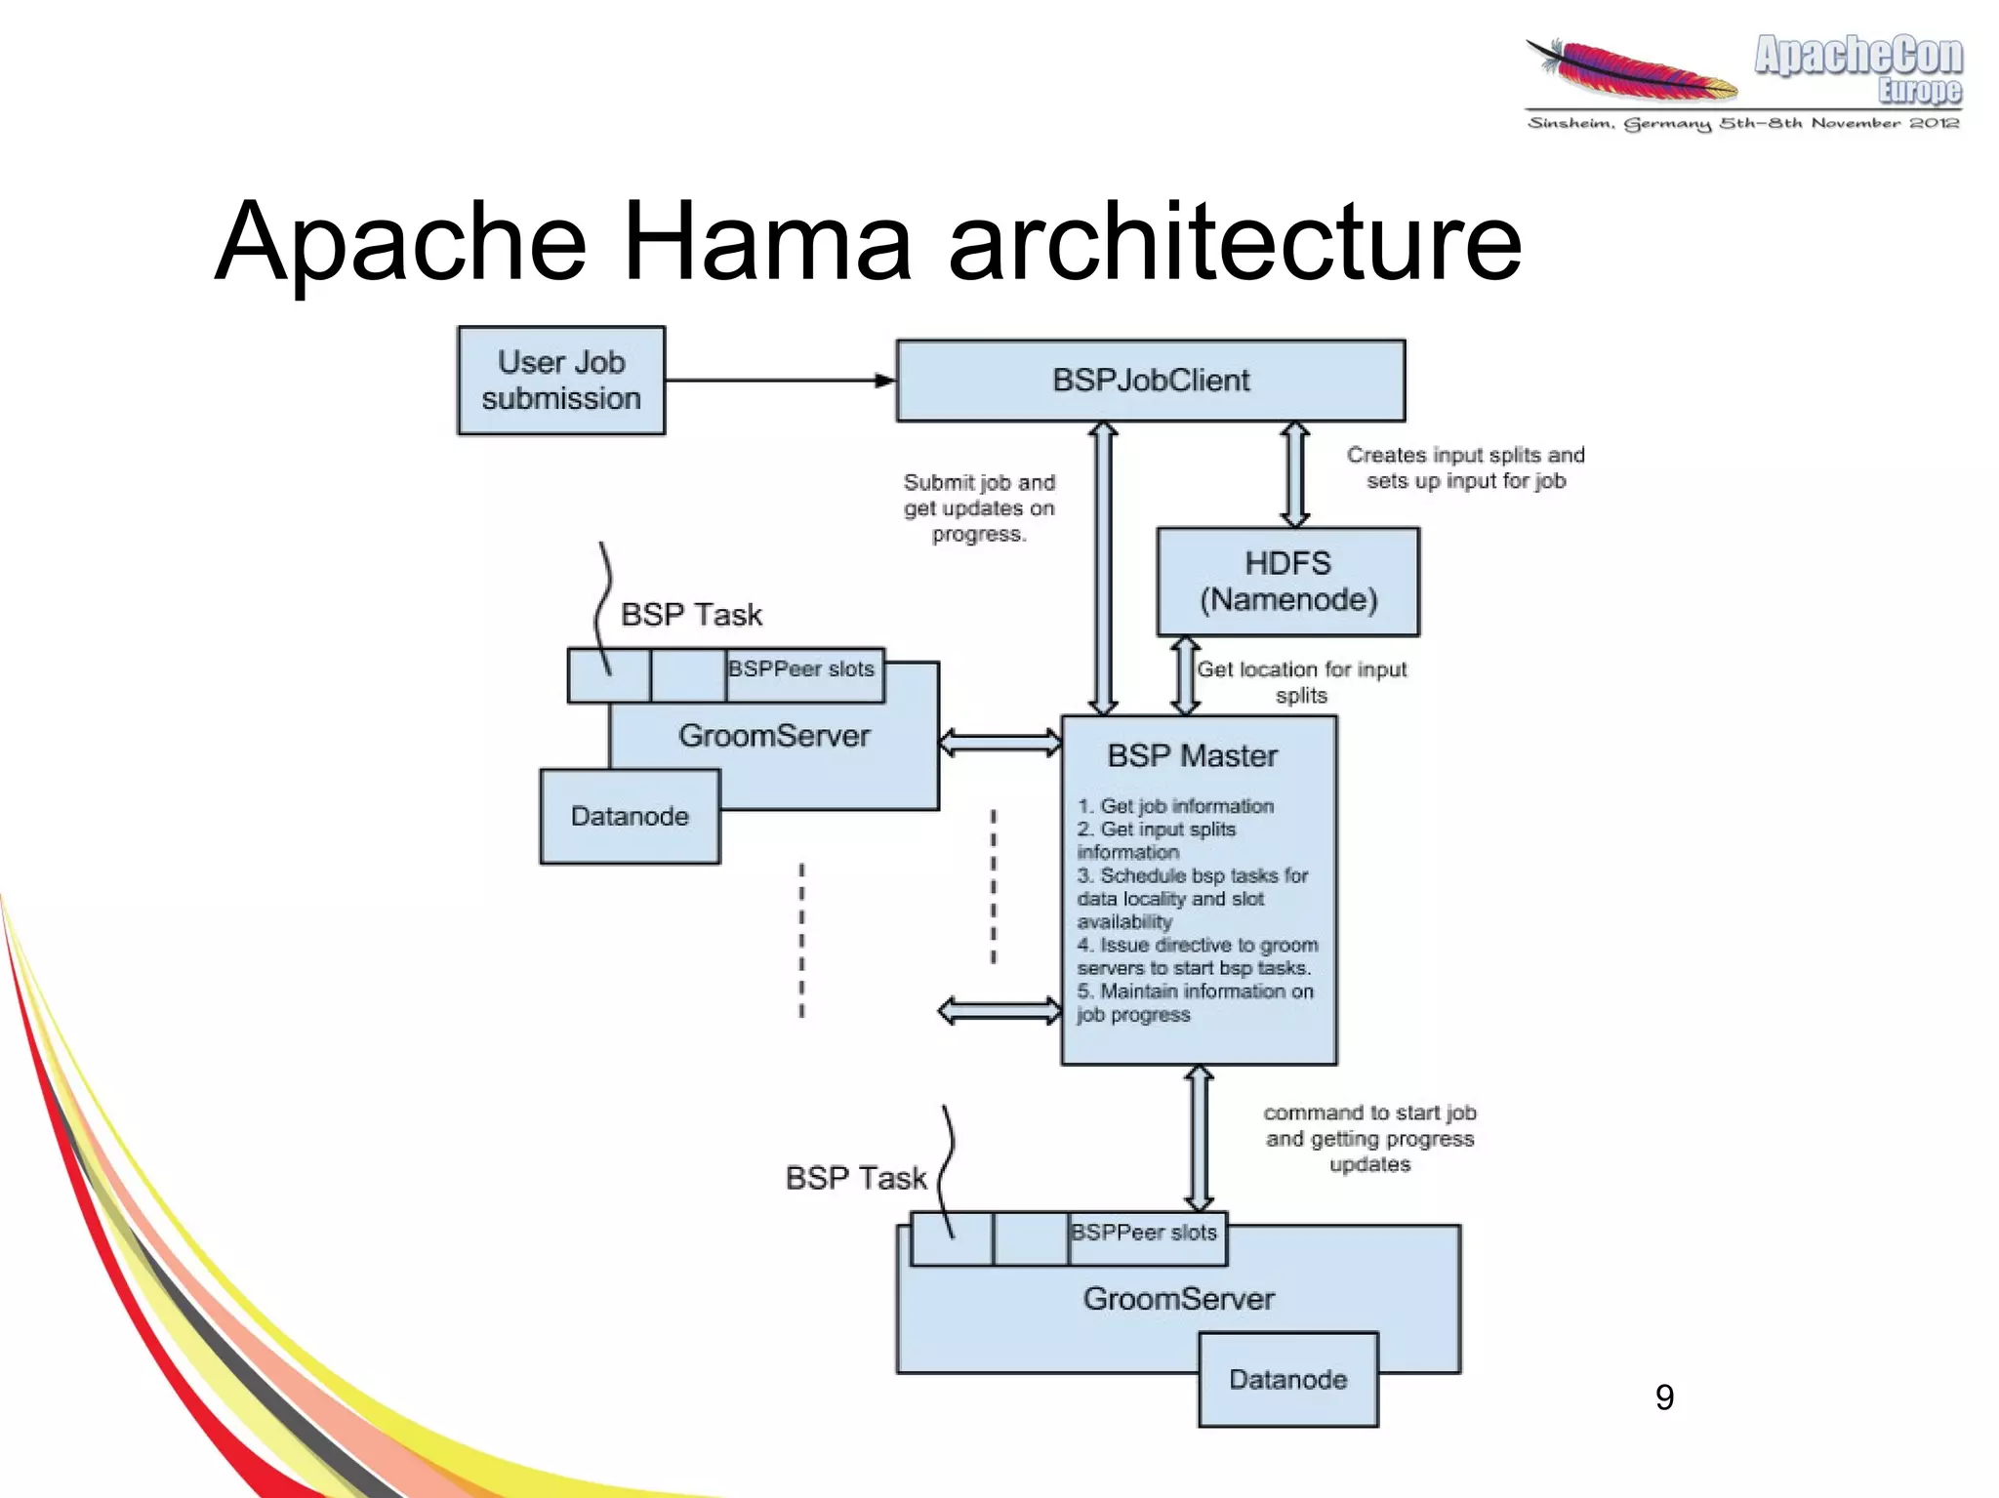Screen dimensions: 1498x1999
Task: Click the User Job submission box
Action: tap(561, 381)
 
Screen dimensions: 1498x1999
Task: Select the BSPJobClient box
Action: tap(1150, 381)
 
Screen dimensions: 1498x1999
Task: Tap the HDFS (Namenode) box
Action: tap(1287, 582)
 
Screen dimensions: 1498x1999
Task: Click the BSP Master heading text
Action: tap(1192, 756)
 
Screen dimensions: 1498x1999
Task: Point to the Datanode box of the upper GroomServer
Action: tap(630, 817)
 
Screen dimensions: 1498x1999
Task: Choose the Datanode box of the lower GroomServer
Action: tap(1287, 1380)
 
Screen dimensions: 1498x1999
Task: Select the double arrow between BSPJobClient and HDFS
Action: tap(1294, 475)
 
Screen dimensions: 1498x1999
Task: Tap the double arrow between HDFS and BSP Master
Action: tap(1185, 676)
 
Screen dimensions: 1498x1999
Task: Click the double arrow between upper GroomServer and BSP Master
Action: tap(999, 743)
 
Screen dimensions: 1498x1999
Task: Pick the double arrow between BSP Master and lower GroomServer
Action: tap(1199, 1139)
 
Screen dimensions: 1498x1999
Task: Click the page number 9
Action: tap(1664, 1397)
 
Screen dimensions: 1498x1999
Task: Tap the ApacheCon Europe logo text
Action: tap(1858, 66)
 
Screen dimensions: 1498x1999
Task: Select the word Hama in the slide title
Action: tap(766, 241)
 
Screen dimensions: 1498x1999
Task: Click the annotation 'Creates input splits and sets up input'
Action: tap(1465, 467)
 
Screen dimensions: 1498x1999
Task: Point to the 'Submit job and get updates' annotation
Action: tap(979, 508)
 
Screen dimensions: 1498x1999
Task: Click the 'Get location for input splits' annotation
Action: tap(1301, 681)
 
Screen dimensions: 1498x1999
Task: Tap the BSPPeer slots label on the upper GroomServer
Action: tap(801, 669)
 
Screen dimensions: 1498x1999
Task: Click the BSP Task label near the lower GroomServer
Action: tap(855, 1178)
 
